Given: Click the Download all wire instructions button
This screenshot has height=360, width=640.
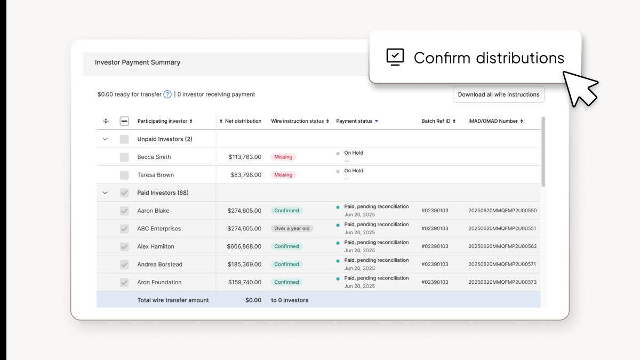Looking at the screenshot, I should point(498,94).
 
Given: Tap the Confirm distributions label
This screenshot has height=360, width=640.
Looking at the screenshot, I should point(489,58).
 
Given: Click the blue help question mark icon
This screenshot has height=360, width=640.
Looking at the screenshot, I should point(167,94).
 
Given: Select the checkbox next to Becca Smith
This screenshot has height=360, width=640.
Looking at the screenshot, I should point(124,157).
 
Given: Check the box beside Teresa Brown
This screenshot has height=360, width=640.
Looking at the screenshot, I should point(124,175).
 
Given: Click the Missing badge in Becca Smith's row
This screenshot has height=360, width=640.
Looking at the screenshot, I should point(283,157).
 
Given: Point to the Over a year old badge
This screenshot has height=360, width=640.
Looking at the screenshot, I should point(292,229).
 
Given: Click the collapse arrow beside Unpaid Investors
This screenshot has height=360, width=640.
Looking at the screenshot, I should point(105,139).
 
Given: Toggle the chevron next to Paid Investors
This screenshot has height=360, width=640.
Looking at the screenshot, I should point(105,193).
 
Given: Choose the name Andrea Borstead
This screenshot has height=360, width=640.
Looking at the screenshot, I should point(159,265).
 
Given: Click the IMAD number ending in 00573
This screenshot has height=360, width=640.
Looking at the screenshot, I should point(502,282).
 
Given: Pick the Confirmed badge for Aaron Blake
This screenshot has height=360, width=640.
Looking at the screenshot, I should point(286,211).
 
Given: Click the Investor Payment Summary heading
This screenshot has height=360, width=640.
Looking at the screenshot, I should point(138,62).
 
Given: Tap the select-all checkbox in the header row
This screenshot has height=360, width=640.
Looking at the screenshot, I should point(124,121).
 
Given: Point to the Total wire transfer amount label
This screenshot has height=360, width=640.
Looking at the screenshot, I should point(173,300).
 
